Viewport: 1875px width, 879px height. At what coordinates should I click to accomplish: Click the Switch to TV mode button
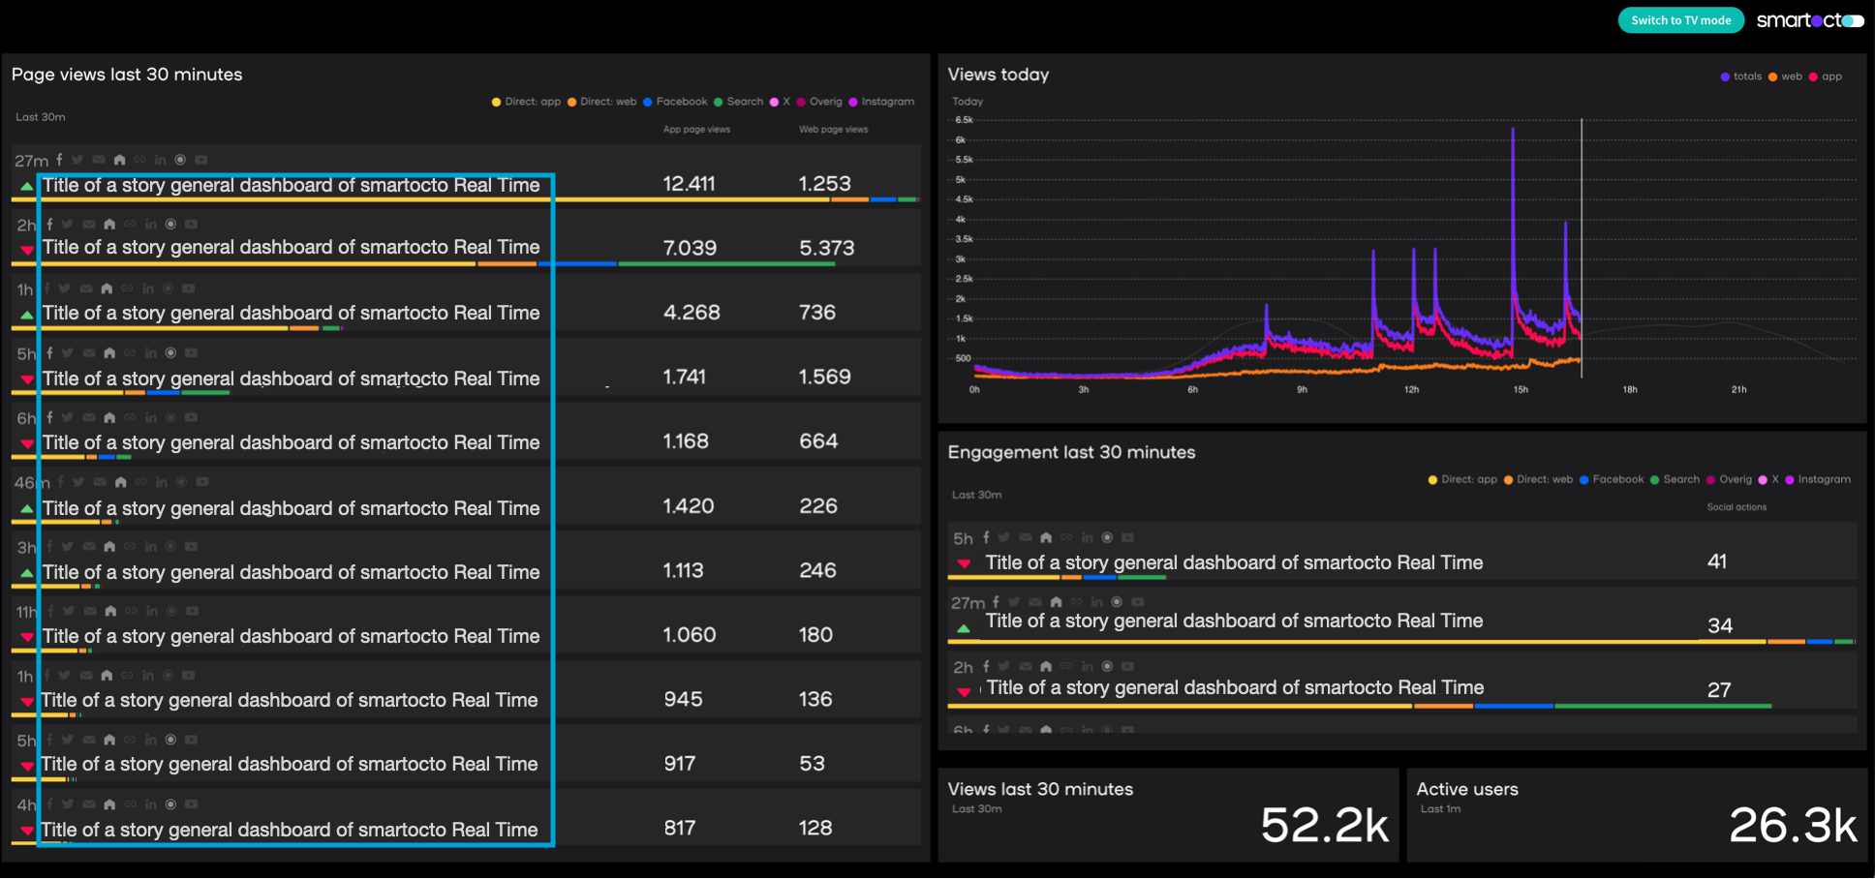(1680, 20)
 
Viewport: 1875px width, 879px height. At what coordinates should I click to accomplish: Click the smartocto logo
(1809, 20)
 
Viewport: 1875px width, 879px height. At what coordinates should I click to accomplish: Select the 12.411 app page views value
(689, 184)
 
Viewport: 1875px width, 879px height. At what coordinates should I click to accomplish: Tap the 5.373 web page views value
(826, 248)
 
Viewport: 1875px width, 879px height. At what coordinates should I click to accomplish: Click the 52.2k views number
(1324, 826)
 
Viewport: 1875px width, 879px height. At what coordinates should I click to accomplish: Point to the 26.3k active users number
(1793, 826)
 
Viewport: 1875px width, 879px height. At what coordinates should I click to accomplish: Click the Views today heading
(998, 75)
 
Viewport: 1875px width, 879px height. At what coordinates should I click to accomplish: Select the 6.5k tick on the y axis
(964, 120)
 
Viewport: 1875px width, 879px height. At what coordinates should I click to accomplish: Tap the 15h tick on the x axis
(1521, 390)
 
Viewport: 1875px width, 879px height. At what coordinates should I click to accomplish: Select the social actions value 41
(1717, 561)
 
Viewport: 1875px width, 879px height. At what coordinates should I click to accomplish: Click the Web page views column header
(833, 130)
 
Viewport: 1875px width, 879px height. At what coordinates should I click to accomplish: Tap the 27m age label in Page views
(31, 161)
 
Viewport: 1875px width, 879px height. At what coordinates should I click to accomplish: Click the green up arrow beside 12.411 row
(26, 186)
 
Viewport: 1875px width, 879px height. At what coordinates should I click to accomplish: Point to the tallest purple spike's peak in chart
(1513, 130)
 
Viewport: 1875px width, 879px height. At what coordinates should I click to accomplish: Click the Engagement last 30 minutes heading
(1071, 452)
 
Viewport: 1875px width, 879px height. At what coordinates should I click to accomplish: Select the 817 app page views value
(679, 828)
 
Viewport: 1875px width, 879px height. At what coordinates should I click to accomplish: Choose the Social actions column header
(1736, 507)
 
